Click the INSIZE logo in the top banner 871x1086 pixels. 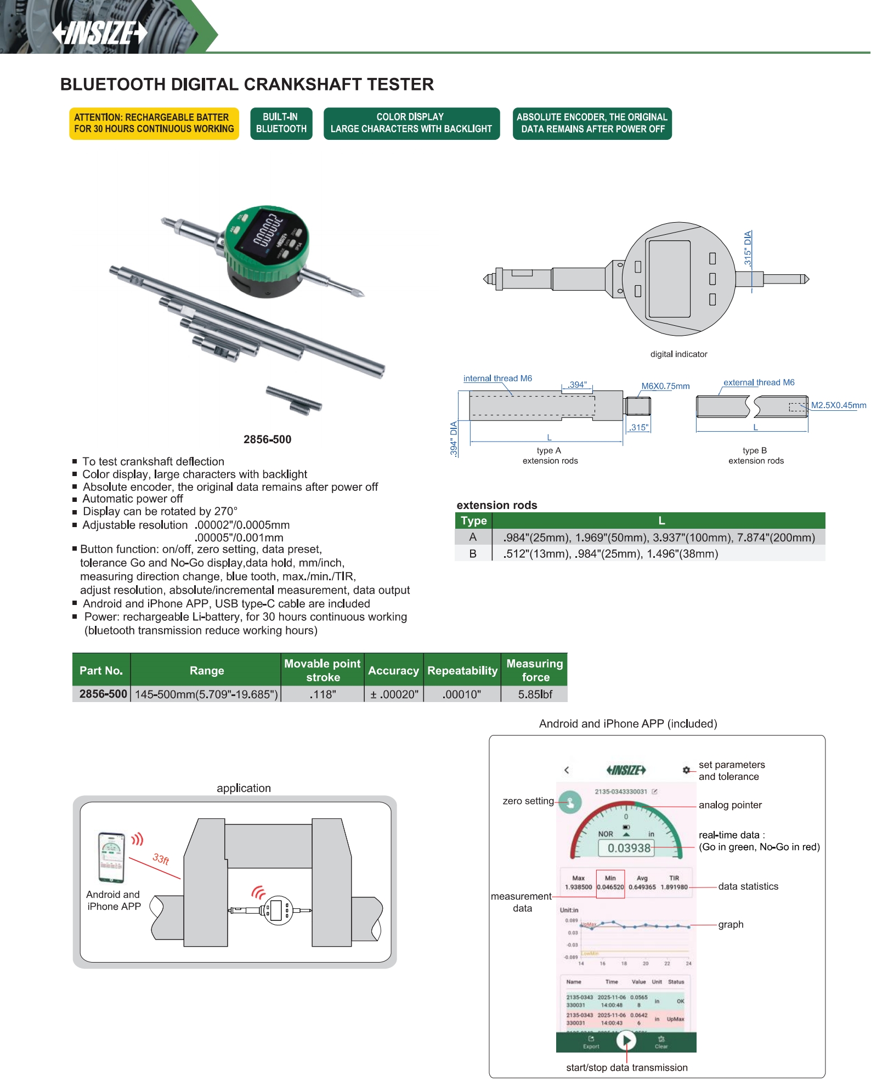(x=100, y=33)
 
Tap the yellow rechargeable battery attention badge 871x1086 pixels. (x=154, y=123)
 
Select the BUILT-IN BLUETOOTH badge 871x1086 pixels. (x=281, y=123)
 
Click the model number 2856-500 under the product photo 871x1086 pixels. (x=267, y=439)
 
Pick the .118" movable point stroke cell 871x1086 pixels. (x=323, y=694)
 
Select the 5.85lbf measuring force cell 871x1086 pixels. (x=535, y=694)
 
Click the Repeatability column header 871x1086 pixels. (x=462, y=670)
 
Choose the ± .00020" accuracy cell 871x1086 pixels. (x=394, y=694)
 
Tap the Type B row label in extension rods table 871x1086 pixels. (x=473, y=553)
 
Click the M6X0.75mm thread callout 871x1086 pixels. (x=665, y=386)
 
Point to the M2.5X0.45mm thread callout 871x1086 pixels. (x=838, y=405)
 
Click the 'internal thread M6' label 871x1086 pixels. (x=497, y=378)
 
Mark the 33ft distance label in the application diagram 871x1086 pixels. (x=161, y=859)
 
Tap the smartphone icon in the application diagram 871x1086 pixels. (x=111, y=858)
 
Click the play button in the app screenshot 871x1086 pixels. (x=626, y=1040)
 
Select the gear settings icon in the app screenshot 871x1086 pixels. (x=686, y=770)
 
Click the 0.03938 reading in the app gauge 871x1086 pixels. (x=629, y=848)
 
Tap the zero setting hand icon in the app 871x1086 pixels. (x=570, y=802)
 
